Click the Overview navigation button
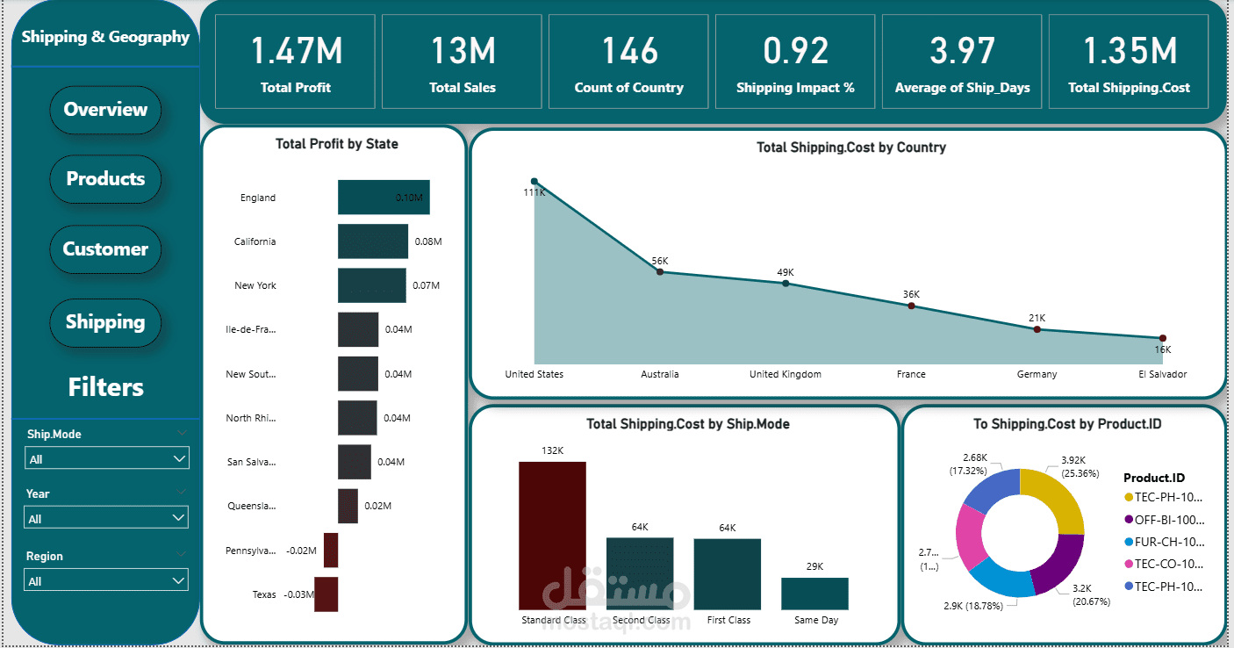105,110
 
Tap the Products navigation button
105,179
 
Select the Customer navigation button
105,249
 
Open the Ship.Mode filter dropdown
106,458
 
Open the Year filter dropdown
106,518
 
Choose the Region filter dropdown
106,580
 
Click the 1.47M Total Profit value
296,52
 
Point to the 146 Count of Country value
629,52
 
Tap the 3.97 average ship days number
963,52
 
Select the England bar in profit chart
384,198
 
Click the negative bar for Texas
326,594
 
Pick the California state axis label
255,241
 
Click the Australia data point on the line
660,272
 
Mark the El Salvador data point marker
1162,338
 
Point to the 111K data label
534,192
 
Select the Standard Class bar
552,536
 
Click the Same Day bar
814,594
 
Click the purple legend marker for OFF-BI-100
1129,520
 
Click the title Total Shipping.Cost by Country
850,148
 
